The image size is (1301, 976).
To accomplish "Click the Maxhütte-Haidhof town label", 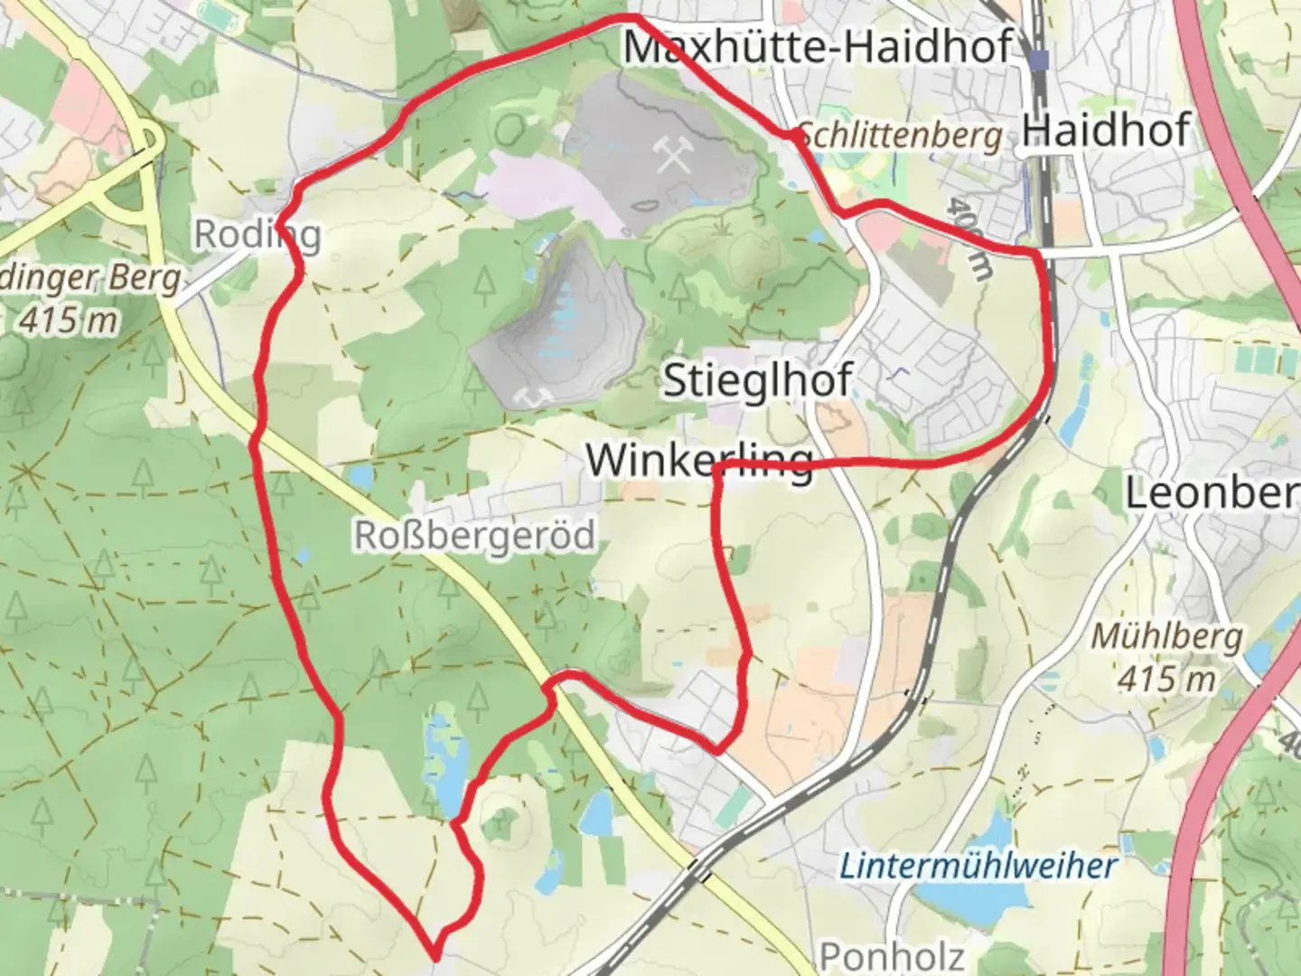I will (819, 47).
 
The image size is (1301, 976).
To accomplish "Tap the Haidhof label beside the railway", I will (1105, 131).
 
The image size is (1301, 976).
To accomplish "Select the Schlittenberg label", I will (901, 136).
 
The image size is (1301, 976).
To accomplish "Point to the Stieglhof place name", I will (757, 380).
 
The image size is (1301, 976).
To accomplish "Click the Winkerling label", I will (699, 460).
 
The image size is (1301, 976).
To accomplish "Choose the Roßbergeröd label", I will (474, 536).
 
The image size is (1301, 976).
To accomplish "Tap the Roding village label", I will (257, 235).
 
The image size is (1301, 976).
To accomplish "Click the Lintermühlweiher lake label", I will (978, 867).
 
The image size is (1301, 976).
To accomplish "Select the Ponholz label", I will (891, 956).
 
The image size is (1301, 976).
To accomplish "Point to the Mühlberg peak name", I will (1166, 637).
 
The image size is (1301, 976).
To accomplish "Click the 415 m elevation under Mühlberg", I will (1166, 678).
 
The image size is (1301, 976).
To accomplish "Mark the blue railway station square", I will (1040, 60).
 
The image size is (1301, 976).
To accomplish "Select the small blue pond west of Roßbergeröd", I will (360, 475).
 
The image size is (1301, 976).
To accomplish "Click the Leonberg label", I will (1211, 493).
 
